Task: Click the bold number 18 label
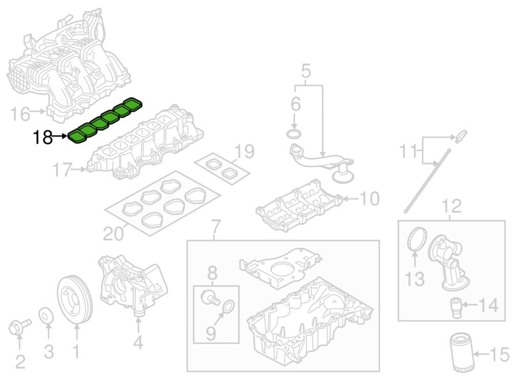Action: [x=43, y=137]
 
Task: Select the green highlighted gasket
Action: [x=105, y=120]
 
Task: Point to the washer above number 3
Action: [x=47, y=315]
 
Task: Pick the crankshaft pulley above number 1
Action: [x=75, y=301]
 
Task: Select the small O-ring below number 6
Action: [x=293, y=134]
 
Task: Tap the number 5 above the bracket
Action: [x=306, y=71]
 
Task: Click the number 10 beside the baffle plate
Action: [x=369, y=198]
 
